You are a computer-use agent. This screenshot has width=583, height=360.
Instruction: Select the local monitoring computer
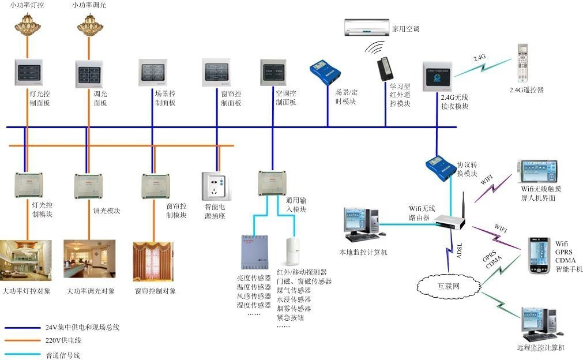tap(362, 224)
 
